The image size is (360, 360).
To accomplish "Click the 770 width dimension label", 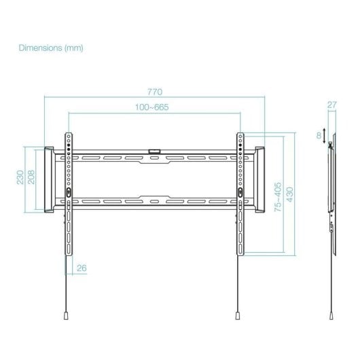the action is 155,92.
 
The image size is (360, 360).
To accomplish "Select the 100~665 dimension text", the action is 151,107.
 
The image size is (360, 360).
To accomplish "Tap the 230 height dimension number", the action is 20,177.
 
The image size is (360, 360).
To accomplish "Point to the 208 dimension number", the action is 31,177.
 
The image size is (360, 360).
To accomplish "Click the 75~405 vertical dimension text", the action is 278,197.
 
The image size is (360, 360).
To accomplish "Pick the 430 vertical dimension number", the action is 290,194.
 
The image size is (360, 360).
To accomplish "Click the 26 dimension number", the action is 82,268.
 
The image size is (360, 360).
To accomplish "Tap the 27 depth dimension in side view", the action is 332,105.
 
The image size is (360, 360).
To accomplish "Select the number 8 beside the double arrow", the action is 319,136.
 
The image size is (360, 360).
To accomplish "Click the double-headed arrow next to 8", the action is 324,136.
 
